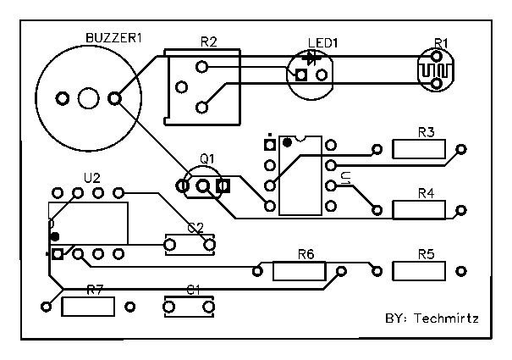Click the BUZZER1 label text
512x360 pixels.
pos(113,38)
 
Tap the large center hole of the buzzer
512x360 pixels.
pos(88,98)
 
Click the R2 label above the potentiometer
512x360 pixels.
pos(208,41)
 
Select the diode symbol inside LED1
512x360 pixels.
pos(314,58)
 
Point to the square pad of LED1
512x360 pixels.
pos(301,75)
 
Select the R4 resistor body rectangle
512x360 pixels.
pos(419,210)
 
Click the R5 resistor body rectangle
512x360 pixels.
pos(419,271)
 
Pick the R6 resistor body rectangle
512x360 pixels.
pos(299,271)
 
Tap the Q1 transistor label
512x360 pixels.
pos(207,158)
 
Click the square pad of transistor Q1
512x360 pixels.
pos(223,185)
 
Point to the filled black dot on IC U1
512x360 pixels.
pos(288,142)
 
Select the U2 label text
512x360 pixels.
pos(91,178)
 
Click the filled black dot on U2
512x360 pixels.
pos(55,236)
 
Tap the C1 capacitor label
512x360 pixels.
pos(193,289)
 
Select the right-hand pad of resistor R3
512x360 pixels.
pos(460,150)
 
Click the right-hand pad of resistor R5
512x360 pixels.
pos(460,271)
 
